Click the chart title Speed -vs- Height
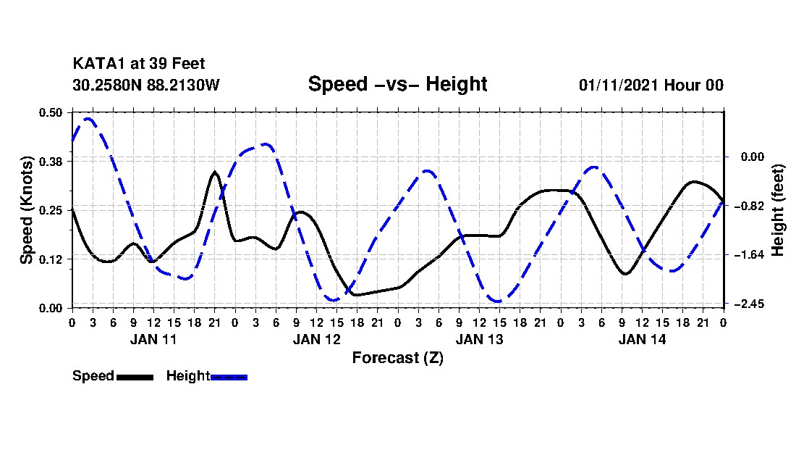click(397, 84)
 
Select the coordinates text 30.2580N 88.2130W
click(145, 85)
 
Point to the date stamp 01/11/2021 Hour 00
click(651, 85)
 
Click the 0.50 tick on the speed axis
click(51, 112)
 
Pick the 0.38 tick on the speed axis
click(51, 161)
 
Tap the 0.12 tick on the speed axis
click(51, 259)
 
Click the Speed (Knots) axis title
click(27, 209)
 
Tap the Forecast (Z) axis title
click(397, 357)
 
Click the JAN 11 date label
click(153, 339)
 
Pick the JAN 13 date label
click(479, 339)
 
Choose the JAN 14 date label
click(642, 339)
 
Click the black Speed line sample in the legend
click(134, 377)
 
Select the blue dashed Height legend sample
click(229, 377)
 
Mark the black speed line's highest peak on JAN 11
click(215, 172)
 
